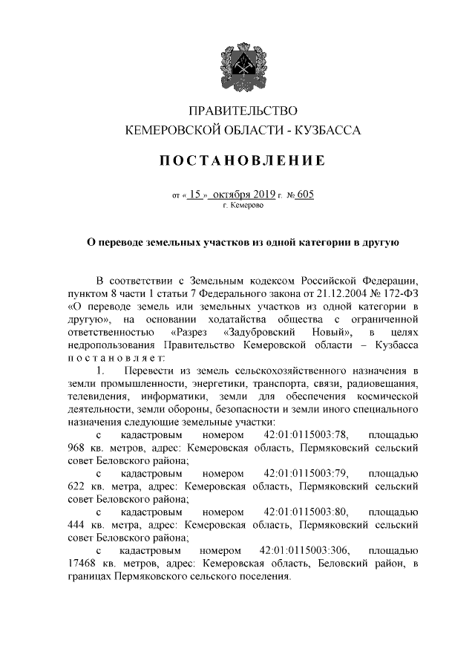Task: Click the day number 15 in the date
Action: pyautogui.click(x=195, y=195)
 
